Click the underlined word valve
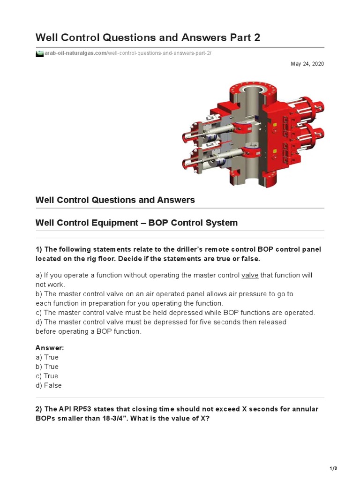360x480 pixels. pos(250,275)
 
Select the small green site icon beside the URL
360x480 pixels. pos(39,53)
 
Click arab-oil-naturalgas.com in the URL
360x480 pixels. pos(75,53)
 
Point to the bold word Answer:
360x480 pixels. pos(50,348)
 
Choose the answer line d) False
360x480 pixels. pos(49,385)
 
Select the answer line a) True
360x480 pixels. pos(47,357)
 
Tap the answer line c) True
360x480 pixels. pos(47,376)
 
